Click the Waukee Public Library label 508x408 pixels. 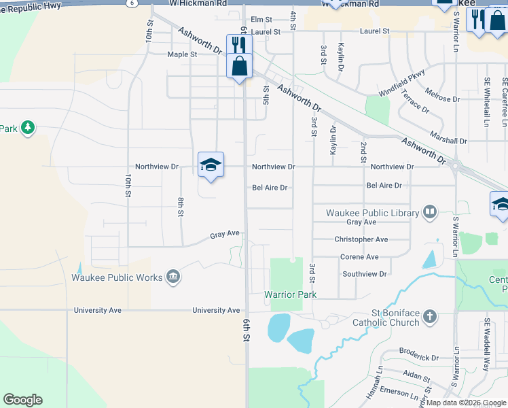coord(372,213)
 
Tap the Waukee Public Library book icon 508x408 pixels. coord(429,213)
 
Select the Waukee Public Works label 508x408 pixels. coord(117,277)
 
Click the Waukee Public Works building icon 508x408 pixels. coord(173,277)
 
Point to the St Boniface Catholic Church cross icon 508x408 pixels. coord(429,316)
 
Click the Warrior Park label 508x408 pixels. coord(290,294)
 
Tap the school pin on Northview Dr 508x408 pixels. coord(211,165)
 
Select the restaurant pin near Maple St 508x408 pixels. coord(239,45)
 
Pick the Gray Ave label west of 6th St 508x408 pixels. coord(225,234)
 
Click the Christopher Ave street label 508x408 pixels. coord(361,239)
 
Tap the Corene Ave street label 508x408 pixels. coord(359,257)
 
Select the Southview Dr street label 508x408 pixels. coord(364,274)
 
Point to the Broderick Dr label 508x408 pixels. coord(419,358)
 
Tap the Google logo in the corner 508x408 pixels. coord(22,400)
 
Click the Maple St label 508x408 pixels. coord(182,54)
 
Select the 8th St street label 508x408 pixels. coord(181,207)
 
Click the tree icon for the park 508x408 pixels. coord(27,128)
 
